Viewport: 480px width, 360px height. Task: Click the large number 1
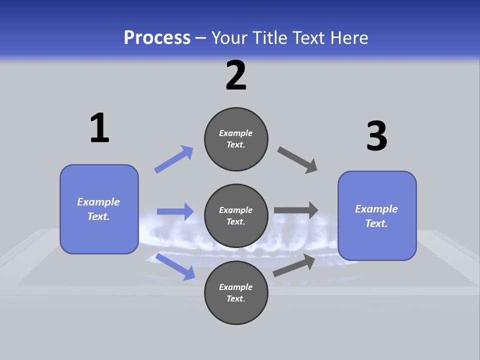pos(99,128)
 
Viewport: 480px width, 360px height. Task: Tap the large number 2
pos(236,75)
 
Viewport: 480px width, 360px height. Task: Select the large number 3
pos(376,136)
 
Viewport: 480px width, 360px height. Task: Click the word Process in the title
pos(157,37)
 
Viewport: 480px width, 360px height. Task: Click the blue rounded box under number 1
pos(99,209)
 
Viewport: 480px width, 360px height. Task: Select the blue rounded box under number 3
pos(377,215)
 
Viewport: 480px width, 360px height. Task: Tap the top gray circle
pos(236,139)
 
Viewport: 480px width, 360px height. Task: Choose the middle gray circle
pos(236,215)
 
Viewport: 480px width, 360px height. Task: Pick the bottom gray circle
pos(236,292)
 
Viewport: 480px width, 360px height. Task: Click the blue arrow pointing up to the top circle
pos(173,159)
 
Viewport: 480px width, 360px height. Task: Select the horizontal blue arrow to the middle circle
pos(175,211)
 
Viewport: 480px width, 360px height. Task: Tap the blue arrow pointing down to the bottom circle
pos(175,266)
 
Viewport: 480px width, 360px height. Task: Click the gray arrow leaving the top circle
pos(297,160)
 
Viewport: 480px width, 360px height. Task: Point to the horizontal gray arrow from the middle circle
pos(296,210)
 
